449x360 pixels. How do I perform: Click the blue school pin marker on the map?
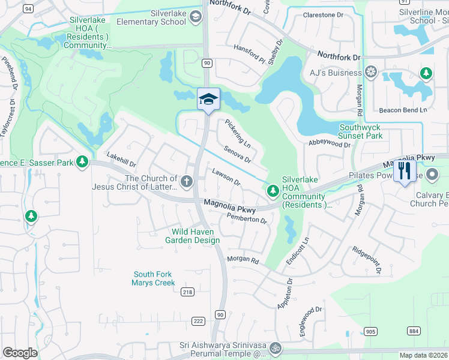click(x=208, y=99)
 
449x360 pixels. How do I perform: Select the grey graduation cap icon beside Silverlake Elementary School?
click(x=195, y=17)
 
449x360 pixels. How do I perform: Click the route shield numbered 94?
click(x=28, y=9)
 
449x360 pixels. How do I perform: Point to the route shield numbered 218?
click(x=187, y=291)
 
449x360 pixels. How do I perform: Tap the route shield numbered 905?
click(x=370, y=331)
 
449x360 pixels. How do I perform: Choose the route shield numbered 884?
click(x=414, y=331)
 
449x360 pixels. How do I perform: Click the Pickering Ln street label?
click(x=238, y=134)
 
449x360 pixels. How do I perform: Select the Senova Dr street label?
click(x=237, y=155)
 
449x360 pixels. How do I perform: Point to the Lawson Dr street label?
click(x=226, y=177)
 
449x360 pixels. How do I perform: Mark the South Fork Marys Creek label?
click(x=154, y=278)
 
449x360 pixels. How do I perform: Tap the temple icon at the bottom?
click(x=276, y=347)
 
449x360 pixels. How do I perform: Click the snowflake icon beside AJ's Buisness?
click(x=371, y=73)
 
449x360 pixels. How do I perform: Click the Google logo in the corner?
click(x=20, y=353)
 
